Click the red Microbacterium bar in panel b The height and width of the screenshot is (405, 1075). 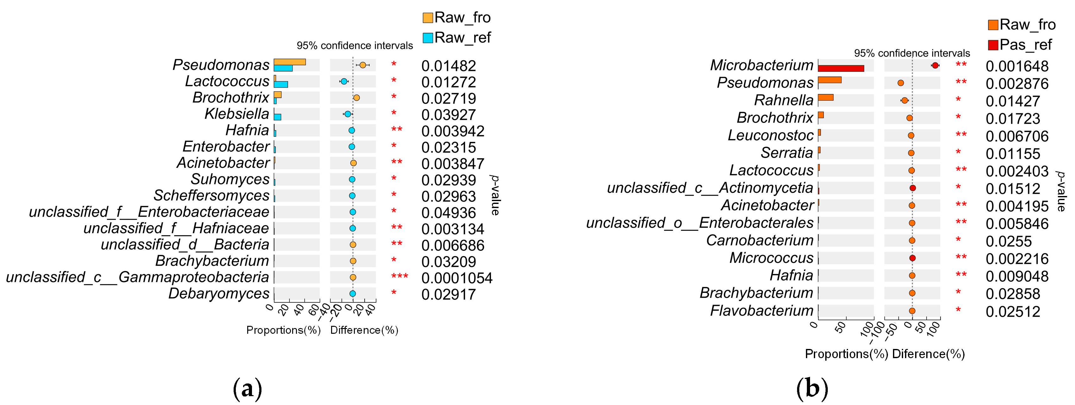tap(840, 68)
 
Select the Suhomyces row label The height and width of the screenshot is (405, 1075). tap(230, 179)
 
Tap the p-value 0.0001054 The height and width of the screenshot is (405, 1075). tap(456, 278)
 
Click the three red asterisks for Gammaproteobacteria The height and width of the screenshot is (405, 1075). tap(399, 277)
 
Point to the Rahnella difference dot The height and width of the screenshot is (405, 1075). tap(904, 100)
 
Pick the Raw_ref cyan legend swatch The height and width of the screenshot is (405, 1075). tap(428, 38)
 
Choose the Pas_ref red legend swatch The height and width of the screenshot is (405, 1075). tap(993, 45)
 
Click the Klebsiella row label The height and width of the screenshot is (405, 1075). tap(236, 114)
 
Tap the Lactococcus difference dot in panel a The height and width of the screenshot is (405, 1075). tap(344, 81)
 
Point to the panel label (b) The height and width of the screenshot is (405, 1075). tap(812, 388)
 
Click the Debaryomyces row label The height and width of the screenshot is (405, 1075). tap(219, 294)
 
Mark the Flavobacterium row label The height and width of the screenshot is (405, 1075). tap(762, 311)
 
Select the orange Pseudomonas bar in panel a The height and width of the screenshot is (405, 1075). tap(290, 62)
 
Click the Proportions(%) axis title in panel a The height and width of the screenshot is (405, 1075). tap(283, 330)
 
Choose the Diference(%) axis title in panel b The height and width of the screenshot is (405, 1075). tap(928, 354)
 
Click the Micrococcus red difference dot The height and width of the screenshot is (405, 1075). tap(912, 258)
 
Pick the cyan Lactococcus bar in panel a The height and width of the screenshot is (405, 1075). tap(281, 84)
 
